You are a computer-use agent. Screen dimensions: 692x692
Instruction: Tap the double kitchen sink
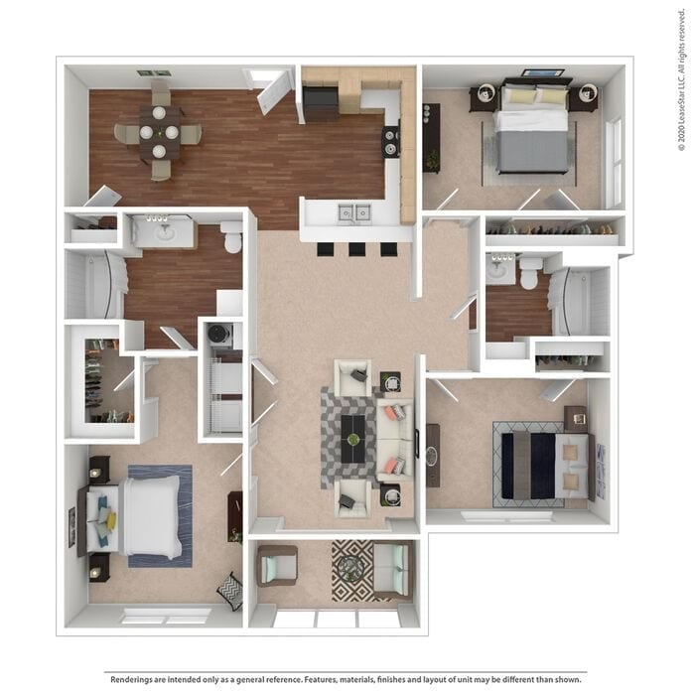pos(351,211)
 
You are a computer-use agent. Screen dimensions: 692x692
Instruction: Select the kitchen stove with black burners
pos(391,141)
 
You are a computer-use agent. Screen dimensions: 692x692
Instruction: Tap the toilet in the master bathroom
pos(232,240)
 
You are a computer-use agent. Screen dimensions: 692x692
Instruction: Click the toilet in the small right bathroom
pos(528,273)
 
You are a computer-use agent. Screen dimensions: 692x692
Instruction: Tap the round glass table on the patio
pos(348,568)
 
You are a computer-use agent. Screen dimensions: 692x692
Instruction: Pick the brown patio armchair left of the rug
pos(276,566)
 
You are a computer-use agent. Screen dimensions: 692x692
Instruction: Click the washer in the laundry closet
pos(220,336)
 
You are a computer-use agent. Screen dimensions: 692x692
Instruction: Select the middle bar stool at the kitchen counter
pos(356,248)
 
